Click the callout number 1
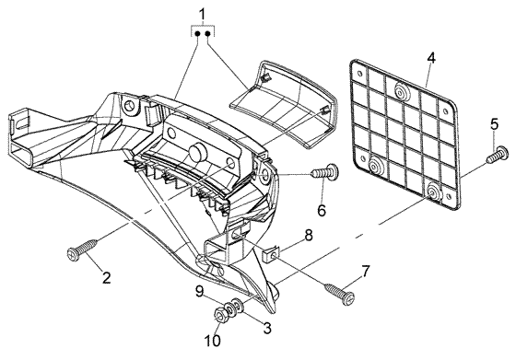[x=202, y=15]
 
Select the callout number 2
[x=106, y=278]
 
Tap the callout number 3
[x=266, y=328]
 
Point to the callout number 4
[x=431, y=58]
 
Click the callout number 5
[x=494, y=124]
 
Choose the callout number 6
[x=322, y=210]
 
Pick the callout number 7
[x=366, y=271]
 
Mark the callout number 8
[x=309, y=236]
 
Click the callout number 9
[x=201, y=292]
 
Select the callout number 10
[x=212, y=341]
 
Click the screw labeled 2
[x=82, y=250]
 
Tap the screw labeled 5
[x=498, y=154]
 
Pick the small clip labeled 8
[x=271, y=253]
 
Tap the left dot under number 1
[x=198, y=33]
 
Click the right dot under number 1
[x=208, y=33]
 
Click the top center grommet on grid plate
[x=400, y=92]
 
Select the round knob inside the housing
[x=198, y=153]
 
